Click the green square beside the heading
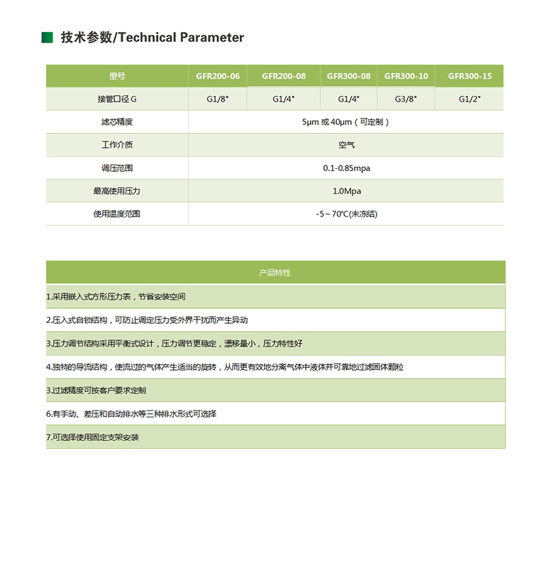pos(48,38)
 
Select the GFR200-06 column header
pos(218,76)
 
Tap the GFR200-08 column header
pos(284,76)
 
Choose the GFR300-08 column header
pos(348,76)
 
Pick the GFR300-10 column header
pos(406,76)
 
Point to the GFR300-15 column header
pos(469,76)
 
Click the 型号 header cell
pos(117,76)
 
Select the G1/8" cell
pos(218,99)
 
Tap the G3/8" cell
pos(406,99)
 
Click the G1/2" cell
pos(469,99)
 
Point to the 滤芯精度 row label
pos(117,122)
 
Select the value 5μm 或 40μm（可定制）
pos(346,122)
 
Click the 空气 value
pos(346,145)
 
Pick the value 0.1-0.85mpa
pos(346,168)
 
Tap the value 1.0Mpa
pos(346,191)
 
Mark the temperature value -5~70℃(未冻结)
pos(346,214)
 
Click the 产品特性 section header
pos(275,273)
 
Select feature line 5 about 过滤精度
pos(96,390)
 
